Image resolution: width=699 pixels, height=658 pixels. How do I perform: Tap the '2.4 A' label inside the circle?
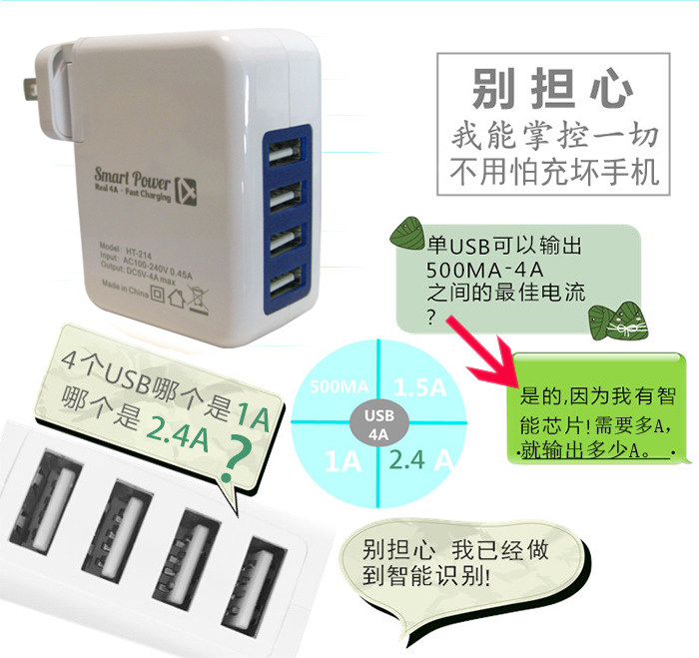(x=423, y=460)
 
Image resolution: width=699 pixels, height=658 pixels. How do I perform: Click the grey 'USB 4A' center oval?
(x=380, y=424)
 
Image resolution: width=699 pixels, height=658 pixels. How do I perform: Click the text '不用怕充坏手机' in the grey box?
(x=552, y=171)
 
